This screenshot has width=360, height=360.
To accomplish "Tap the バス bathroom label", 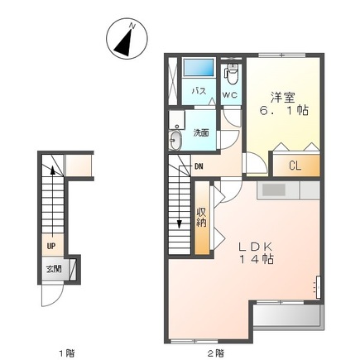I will pyautogui.click(x=199, y=92).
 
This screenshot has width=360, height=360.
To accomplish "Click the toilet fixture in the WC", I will pyautogui.click(x=231, y=77).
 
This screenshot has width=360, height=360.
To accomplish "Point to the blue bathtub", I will pyautogui.click(x=199, y=68).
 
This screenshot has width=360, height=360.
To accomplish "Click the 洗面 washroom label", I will pyautogui.click(x=201, y=132).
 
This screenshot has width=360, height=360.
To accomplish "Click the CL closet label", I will pyautogui.click(x=294, y=164).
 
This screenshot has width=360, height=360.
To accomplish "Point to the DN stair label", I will pyautogui.click(x=200, y=166).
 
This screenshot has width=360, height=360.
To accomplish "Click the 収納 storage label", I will pyautogui.click(x=202, y=217).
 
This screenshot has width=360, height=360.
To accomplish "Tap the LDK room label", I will pyautogui.click(x=256, y=245).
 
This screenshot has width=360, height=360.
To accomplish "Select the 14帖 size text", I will pyautogui.click(x=257, y=260).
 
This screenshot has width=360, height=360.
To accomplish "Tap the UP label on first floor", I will pyautogui.click(x=50, y=245).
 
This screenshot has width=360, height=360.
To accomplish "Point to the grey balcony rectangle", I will pyautogui.click(x=286, y=318).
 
